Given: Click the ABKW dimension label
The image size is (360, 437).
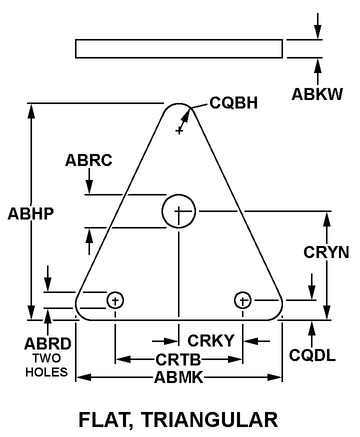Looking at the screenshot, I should tap(317, 94).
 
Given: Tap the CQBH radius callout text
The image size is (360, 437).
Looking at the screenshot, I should tap(233, 103).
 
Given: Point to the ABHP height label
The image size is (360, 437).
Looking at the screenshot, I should tap(30, 213).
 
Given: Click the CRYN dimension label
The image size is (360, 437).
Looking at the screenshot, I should tap(326, 252).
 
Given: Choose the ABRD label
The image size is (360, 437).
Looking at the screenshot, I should tap(47, 344).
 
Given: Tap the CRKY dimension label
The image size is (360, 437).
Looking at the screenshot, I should tap(210, 340).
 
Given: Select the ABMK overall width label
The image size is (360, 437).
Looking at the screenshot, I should tap(178, 377).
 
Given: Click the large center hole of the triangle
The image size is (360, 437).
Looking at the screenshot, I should tap(178, 211).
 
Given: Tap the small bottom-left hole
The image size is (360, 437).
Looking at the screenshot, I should tap(115, 300).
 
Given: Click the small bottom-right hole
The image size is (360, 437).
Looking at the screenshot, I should tap(242, 300).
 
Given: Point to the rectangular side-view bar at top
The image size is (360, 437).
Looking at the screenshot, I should tap(178, 48).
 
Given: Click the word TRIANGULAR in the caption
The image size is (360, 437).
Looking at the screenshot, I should tap(209, 419).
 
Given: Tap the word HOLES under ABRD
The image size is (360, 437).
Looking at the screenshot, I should tap(46, 372).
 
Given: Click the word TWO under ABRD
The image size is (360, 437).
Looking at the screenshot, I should tap(46, 358).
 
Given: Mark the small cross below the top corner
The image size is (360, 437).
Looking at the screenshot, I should tap(178, 131).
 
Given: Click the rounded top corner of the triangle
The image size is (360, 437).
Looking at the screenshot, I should tap(178, 106).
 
